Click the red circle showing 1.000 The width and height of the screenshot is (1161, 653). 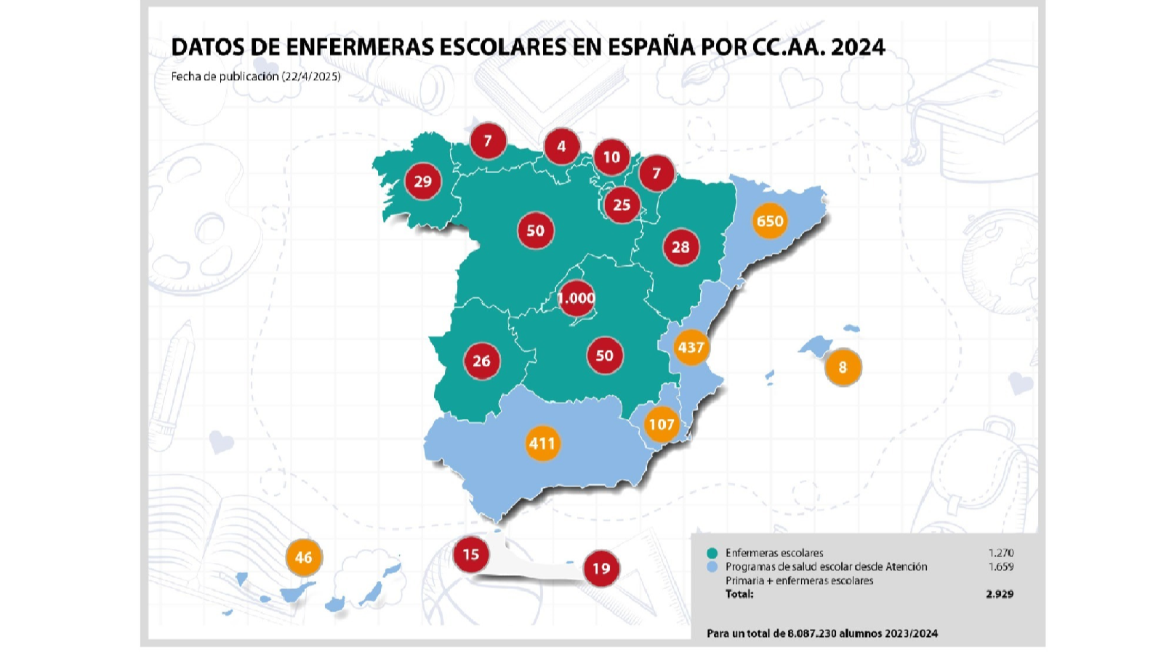[576, 298]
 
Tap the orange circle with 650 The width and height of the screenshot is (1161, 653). [769, 220]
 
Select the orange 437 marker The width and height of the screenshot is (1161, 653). [691, 347]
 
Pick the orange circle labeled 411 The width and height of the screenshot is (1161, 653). [542, 443]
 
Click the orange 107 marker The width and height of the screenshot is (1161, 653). [662, 424]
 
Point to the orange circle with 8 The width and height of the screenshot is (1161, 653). [843, 367]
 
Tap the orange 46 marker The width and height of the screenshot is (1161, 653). [304, 557]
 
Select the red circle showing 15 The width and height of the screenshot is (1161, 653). [471, 554]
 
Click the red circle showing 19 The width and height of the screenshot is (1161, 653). [600, 568]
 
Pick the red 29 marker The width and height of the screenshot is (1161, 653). [423, 181]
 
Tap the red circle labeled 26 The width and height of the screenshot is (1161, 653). [481, 361]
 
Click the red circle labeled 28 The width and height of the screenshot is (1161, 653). [680, 247]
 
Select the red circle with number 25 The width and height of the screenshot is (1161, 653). [622, 205]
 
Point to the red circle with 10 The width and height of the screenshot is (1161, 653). [611, 157]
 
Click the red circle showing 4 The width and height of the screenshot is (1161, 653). [561, 146]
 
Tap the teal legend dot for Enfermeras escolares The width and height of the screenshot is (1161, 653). [712, 553]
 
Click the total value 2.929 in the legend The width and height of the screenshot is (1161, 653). [1000, 593]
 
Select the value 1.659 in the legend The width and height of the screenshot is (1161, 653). [1000, 566]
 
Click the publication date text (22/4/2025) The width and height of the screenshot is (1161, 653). [310, 76]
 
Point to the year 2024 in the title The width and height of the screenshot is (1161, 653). [858, 47]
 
